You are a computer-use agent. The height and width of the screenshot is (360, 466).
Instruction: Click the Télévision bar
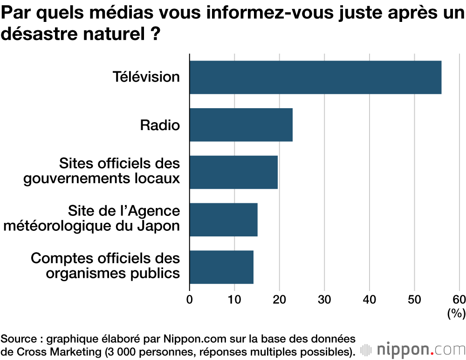point(315,77)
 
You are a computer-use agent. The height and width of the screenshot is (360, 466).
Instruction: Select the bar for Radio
point(241,125)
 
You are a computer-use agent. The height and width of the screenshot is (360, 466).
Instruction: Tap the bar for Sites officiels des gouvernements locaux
point(233,172)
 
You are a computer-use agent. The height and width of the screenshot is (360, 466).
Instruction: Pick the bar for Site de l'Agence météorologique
point(223,219)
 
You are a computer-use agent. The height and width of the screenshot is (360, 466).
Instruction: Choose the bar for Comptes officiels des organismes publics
point(221,267)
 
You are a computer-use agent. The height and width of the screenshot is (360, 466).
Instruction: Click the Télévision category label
point(146,77)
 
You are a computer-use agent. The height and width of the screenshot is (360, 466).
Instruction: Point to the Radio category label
point(160,125)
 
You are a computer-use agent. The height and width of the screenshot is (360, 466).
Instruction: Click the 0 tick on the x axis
point(190,299)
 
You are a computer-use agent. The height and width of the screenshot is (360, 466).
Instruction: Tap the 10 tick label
point(234,299)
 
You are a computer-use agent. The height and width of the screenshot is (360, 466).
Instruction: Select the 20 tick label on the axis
point(280,299)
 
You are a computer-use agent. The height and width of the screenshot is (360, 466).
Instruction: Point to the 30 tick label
point(324,299)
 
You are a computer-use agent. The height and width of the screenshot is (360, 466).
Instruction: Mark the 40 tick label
point(370,299)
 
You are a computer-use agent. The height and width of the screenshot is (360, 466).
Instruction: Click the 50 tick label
point(414,299)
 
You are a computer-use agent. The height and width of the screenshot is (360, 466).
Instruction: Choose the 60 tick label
point(459,299)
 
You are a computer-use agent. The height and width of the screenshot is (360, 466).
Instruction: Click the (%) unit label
point(456,314)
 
